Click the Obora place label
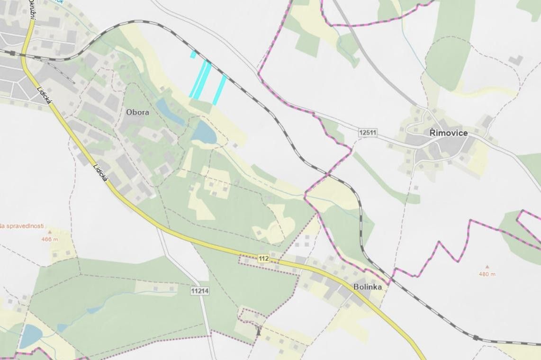(x=137, y=113)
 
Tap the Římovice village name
(x=448, y=133)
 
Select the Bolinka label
(x=367, y=287)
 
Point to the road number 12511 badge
(x=368, y=133)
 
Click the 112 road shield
(x=264, y=258)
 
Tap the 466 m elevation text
(x=49, y=239)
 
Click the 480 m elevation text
(x=487, y=274)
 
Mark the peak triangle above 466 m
(x=49, y=233)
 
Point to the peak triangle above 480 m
(x=487, y=267)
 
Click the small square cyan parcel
(x=193, y=54)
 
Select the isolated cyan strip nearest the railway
(x=219, y=90)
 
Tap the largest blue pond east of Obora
(x=204, y=132)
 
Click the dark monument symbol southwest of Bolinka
(x=258, y=330)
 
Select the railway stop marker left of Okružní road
(x=12, y=53)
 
